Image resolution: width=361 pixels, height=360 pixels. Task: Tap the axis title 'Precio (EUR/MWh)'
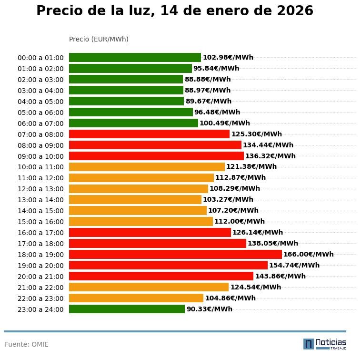point(99,39)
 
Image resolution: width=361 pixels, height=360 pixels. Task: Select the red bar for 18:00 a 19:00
point(175,255)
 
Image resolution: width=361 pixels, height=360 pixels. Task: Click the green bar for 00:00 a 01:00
point(135,58)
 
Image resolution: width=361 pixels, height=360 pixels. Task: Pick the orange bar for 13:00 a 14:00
point(135,200)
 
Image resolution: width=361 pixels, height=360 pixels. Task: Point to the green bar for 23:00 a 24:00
point(127,309)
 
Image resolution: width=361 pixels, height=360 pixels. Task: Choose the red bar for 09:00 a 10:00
point(156,156)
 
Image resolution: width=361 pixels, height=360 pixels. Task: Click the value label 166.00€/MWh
point(308,255)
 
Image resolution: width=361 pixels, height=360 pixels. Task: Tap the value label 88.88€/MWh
point(208,80)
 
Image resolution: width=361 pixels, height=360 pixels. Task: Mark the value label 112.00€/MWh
point(239,222)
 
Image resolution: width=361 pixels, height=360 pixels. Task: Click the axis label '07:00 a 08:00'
point(40,134)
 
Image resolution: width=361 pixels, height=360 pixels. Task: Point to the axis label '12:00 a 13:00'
point(40,189)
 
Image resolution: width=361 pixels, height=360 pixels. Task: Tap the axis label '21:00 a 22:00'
point(40,288)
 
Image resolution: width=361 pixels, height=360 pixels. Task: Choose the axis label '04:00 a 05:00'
point(40,102)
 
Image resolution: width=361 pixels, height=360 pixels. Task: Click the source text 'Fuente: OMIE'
point(27,344)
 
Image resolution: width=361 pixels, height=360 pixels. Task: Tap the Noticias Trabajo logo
point(325,344)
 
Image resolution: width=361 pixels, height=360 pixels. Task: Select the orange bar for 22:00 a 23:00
point(136,298)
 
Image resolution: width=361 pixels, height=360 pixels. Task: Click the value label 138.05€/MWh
point(272,244)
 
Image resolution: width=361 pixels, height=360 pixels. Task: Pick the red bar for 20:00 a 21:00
point(161,276)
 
